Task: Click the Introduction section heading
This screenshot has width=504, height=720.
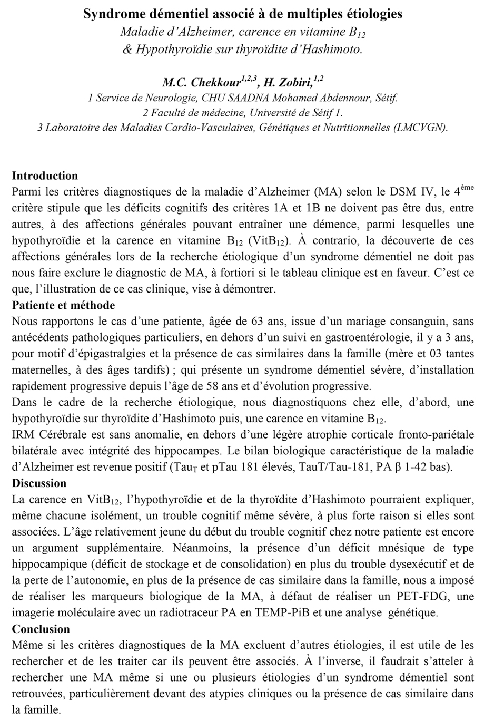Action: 45,176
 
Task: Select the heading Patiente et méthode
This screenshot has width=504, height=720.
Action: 63,305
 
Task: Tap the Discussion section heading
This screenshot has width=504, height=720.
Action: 39,483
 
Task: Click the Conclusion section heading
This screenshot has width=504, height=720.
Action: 41,629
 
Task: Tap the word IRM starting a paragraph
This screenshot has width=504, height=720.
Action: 22,435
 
